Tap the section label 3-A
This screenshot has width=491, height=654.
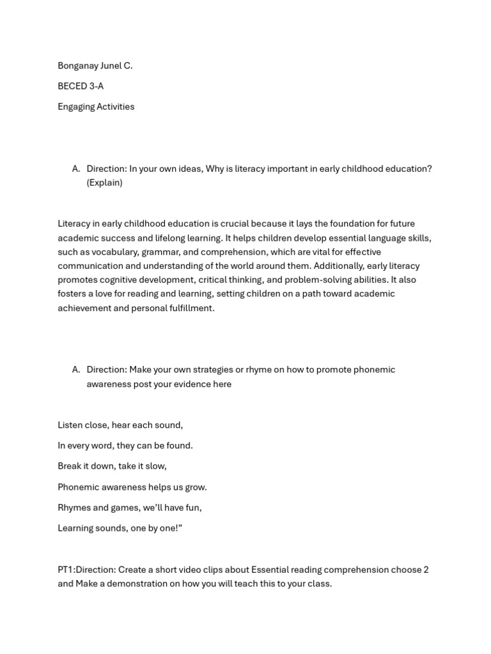(97, 86)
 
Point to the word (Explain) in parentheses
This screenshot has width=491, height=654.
(104, 183)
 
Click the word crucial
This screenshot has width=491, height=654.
(234, 224)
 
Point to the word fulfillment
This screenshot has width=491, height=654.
(191, 308)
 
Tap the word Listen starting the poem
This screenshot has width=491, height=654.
(70, 425)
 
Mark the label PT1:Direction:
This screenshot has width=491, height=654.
(86, 570)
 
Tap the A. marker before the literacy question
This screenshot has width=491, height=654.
(76, 169)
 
